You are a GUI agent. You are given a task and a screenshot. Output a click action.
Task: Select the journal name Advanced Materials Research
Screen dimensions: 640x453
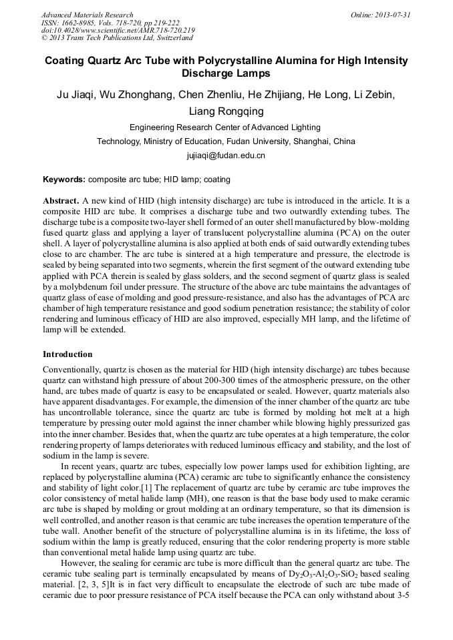coord(88,15)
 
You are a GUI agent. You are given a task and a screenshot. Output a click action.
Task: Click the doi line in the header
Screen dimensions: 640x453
coord(118,30)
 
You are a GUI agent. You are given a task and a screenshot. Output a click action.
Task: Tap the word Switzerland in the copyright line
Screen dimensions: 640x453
coord(173,38)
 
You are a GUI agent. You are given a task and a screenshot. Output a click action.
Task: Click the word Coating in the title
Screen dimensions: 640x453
coord(67,61)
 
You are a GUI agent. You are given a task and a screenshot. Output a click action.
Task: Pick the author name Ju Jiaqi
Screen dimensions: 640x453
coord(75,94)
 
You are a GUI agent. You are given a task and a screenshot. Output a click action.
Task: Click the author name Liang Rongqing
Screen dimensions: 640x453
coord(226,111)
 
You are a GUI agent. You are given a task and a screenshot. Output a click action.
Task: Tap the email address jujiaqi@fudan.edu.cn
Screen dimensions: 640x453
coord(226,155)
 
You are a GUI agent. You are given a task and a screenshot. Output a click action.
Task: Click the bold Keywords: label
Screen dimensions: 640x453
coord(64,180)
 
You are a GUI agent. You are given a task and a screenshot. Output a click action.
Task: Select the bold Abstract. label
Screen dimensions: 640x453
coord(61,201)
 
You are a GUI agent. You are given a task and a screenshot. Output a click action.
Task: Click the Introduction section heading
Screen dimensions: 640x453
coord(67,354)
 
